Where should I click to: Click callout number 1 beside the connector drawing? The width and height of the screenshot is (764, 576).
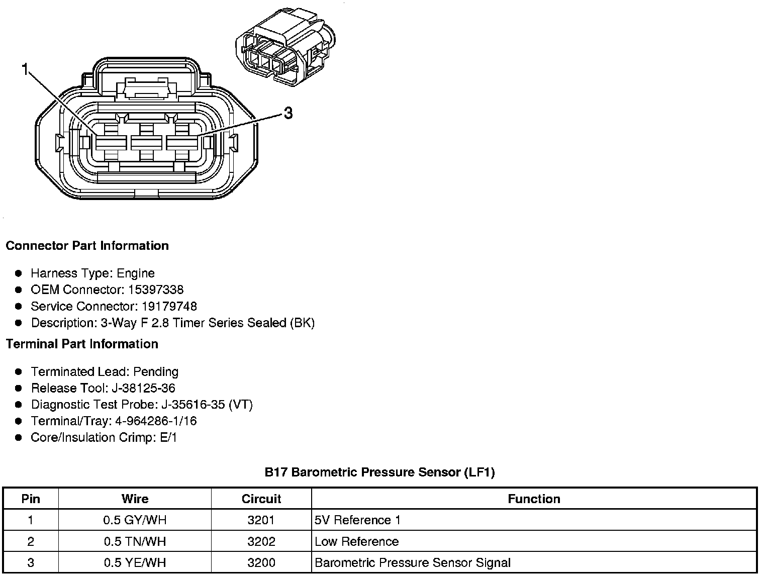tap(25, 69)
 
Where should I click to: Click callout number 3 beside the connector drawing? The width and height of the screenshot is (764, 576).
tap(288, 114)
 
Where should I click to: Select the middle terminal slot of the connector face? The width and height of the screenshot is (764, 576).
tap(146, 143)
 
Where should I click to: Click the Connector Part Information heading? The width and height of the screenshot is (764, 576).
tap(87, 246)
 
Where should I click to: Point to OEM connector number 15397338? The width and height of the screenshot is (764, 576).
tap(156, 290)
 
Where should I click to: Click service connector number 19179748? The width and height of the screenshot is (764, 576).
tap(169, 307)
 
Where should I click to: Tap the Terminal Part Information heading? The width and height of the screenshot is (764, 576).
tap(82, 344)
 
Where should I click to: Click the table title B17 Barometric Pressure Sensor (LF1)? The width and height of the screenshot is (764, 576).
tap(379, 472)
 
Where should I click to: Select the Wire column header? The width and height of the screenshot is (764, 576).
tap(135, 499)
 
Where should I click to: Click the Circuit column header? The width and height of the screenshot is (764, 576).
tap(261, 499)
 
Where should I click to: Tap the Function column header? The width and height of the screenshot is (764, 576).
tap(534, 499)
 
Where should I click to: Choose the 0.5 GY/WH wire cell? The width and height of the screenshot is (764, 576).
tap(135, 520)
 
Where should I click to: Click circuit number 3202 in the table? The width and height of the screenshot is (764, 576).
tap(261, 542)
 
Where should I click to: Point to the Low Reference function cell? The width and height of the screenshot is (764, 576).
tap(356, 542)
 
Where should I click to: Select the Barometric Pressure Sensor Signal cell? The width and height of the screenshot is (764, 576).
tap(412, 563)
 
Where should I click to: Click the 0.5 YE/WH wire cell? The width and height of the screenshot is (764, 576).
tap(135, 563)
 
